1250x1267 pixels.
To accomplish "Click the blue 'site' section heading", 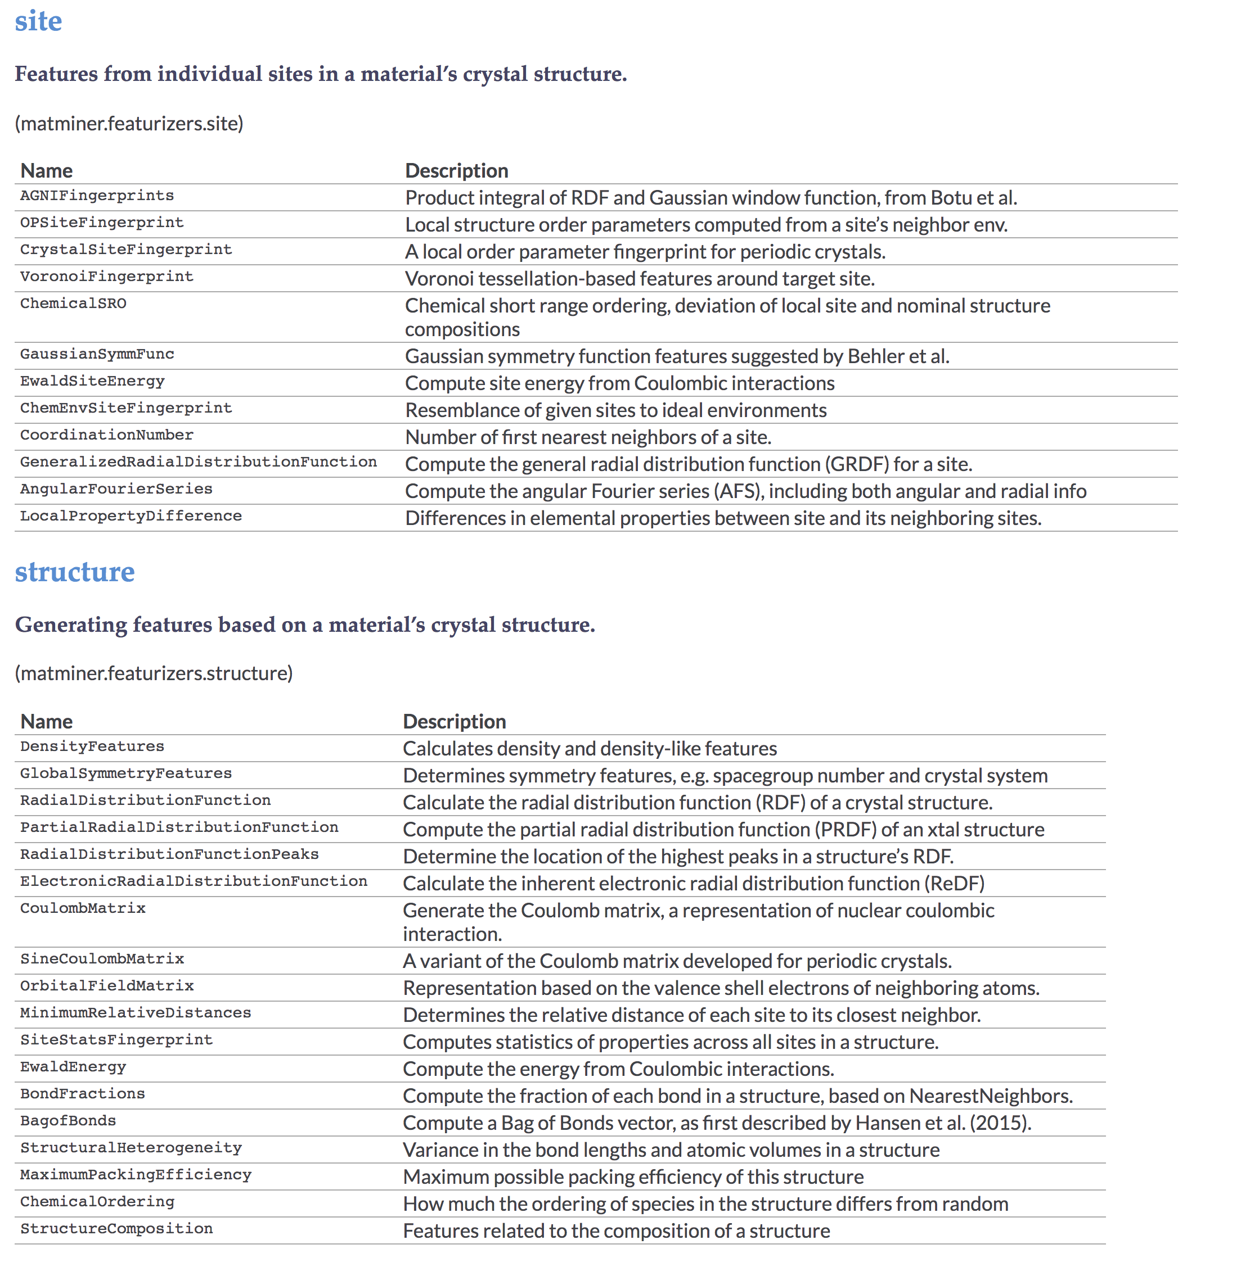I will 38,21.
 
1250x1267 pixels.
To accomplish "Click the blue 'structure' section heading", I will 74,572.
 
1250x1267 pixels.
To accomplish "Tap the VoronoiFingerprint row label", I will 106,276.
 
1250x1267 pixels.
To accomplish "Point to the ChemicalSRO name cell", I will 73,303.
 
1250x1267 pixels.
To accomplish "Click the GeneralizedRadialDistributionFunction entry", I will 198,461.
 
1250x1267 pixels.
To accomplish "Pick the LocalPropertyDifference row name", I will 131,516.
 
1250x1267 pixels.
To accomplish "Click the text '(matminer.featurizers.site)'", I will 129,123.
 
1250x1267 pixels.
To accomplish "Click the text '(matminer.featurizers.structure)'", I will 154,673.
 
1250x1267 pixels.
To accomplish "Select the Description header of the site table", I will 456,170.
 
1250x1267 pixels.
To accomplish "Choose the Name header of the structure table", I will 46,721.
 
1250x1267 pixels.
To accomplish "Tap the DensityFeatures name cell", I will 92,746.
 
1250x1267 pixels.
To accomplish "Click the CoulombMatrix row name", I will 83,908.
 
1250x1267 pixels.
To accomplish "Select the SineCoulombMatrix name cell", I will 102,959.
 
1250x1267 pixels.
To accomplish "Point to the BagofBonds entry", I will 68,1121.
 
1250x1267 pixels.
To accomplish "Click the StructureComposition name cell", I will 116,1228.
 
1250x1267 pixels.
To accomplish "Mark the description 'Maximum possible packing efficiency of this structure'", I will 632,1176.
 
